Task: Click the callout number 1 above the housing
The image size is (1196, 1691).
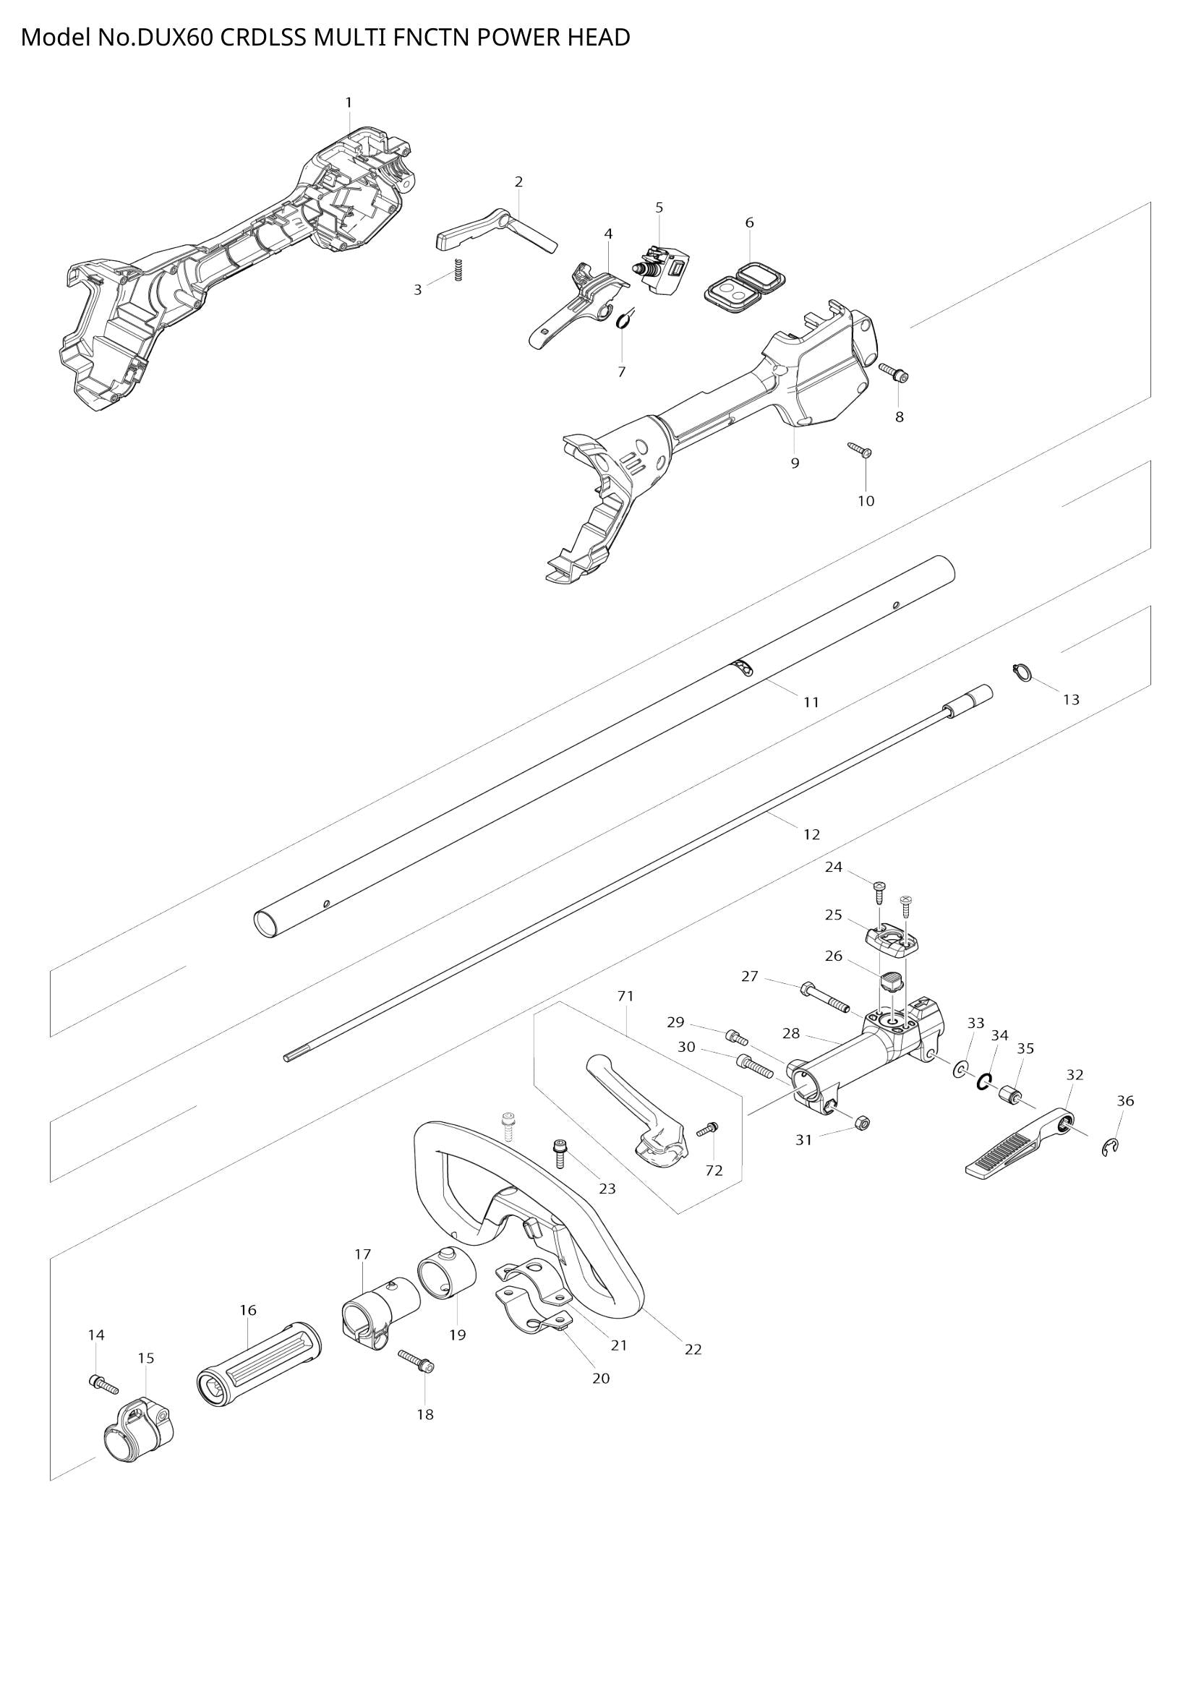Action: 349,103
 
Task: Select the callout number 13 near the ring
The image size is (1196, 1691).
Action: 1071,699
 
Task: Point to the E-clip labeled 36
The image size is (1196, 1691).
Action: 1112,1147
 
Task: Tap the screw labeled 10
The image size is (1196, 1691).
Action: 860,449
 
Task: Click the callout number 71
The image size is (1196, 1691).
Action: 625,996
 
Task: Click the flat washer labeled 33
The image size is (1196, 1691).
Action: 960,1070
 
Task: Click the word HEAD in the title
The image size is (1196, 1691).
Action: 597,38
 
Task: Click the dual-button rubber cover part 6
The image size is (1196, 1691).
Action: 746,283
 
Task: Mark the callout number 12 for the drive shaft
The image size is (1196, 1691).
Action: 811,834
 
